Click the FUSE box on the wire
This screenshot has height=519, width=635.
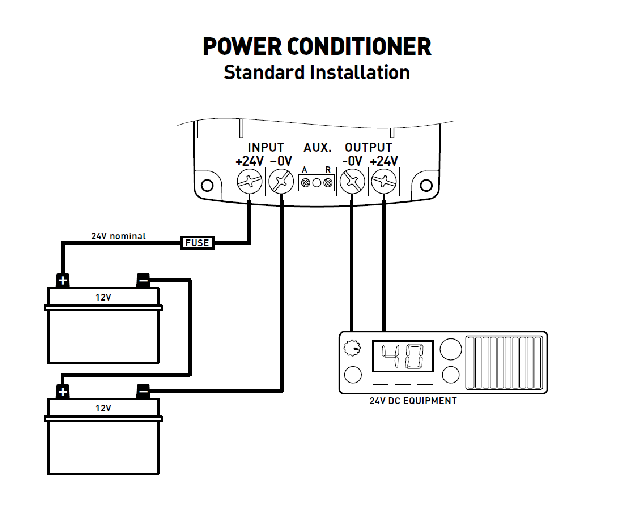197,243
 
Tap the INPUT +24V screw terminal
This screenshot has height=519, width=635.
249,181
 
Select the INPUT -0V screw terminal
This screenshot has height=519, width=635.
281,181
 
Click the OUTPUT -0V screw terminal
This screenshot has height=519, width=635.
352,181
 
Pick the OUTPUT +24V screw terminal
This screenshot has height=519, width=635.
384,181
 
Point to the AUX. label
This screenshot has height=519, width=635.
318,147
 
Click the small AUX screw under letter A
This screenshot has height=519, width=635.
305,183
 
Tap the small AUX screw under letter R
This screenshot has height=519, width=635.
328,183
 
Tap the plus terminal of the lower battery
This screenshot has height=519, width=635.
63,392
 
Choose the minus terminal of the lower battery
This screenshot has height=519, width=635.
143,392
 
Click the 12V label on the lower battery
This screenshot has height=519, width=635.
103,408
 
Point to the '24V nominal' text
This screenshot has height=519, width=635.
118,236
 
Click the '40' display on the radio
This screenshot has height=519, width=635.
403,356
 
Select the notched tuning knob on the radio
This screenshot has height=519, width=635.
352,348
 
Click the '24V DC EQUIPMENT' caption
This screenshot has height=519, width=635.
413,401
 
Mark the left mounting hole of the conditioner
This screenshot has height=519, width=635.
207,185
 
